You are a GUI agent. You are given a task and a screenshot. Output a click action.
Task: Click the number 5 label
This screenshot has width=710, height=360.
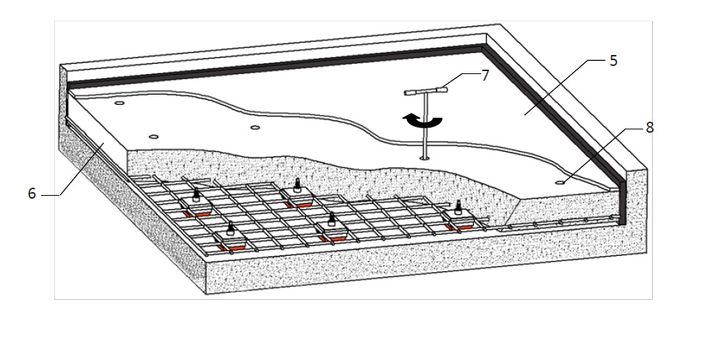coord(613,61)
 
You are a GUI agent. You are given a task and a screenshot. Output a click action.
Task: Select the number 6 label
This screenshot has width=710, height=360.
coord(32,195)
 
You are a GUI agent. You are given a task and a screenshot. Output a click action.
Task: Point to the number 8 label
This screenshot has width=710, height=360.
coord(649,127)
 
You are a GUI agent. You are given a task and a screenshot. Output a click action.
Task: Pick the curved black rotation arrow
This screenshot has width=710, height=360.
coord(422,122)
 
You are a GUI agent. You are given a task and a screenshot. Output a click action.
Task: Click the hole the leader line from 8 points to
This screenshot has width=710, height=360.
coord(561,181)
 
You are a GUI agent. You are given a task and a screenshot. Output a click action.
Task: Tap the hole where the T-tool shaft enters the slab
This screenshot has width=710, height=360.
coord(424,157)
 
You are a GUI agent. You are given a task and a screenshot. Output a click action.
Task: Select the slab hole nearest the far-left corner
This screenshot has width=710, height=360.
coord(119,105)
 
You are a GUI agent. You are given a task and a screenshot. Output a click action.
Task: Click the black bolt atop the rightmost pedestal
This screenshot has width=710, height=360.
coord(459,206)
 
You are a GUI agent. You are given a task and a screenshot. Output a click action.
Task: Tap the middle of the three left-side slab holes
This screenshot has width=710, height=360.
coord(153,136)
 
